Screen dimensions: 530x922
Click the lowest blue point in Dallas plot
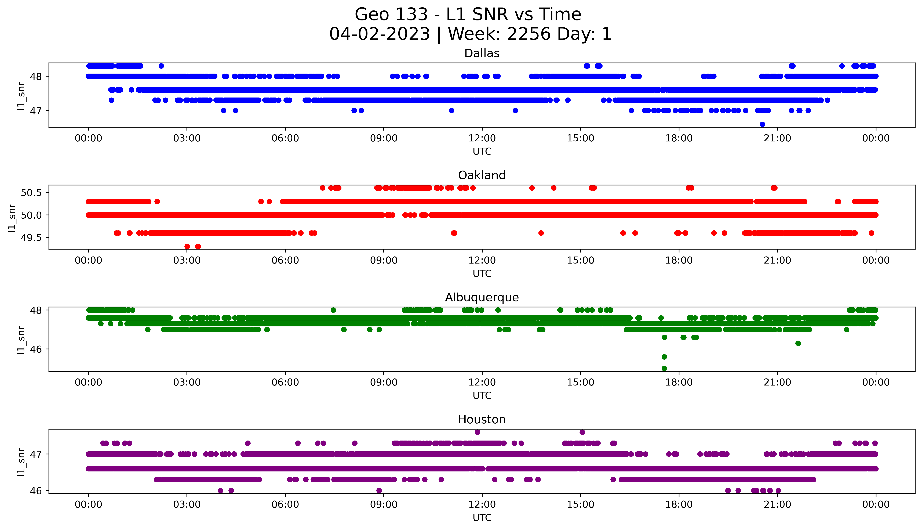[762, 124]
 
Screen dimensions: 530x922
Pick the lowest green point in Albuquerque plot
[664, 368]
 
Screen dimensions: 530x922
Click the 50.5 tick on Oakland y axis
[32, 193]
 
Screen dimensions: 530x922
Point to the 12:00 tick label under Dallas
[482, 138]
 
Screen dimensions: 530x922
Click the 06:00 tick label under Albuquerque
[285, 383]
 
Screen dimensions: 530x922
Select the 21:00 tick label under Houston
[777, 504]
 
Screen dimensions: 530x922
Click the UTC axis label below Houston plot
[482, 518]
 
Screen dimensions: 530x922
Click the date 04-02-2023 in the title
[379, 34]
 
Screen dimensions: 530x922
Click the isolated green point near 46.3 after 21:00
[798, 343]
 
